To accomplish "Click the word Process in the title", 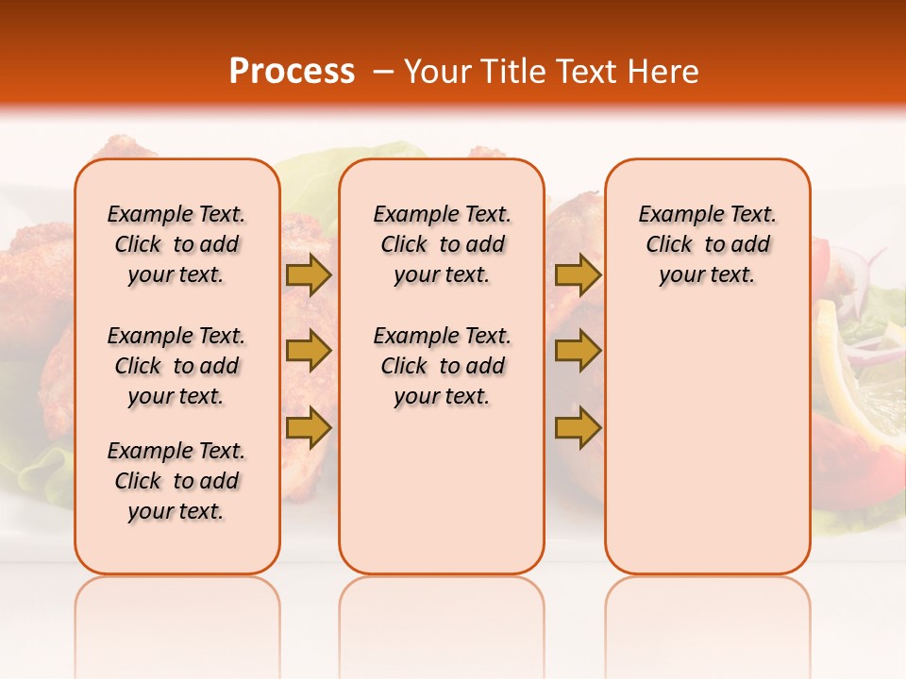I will tap(292, 71).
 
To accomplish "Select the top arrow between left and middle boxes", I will tap(309, 274).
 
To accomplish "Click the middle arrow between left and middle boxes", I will tap(309, 351).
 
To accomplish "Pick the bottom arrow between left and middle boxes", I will tap(309, 427).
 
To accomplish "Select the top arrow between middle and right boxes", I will tap(578, 274).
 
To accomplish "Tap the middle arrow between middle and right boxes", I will tap(578, 351).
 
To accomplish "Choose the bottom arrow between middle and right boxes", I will tap(578, 427).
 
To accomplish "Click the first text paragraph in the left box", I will tap(176, 244).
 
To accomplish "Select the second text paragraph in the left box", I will tap(176, 366).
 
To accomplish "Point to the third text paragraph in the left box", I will tap(176, 481).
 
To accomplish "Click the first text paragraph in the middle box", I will tap(443, 244).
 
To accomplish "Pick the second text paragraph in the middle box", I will tap(443, 366).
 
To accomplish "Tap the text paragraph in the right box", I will tap(708, 244).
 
